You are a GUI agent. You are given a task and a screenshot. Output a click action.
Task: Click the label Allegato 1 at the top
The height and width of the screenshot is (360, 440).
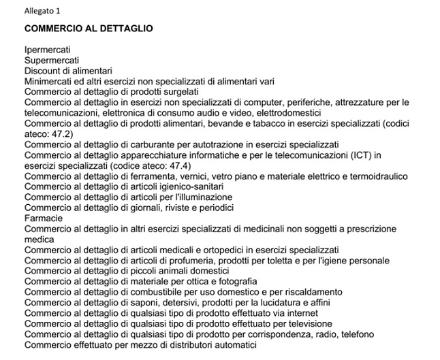(42, 11)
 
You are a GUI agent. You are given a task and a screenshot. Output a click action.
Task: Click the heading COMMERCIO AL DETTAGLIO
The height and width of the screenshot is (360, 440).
(89, 29)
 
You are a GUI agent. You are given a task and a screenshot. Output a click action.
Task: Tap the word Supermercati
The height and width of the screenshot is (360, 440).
(52, 61)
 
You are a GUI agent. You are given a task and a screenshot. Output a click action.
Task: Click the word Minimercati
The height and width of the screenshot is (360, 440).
(48, 81)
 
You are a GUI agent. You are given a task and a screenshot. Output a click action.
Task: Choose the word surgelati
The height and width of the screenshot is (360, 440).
(178, 91)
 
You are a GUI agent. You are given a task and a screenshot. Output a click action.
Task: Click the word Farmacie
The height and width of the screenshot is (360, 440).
(44, 217)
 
